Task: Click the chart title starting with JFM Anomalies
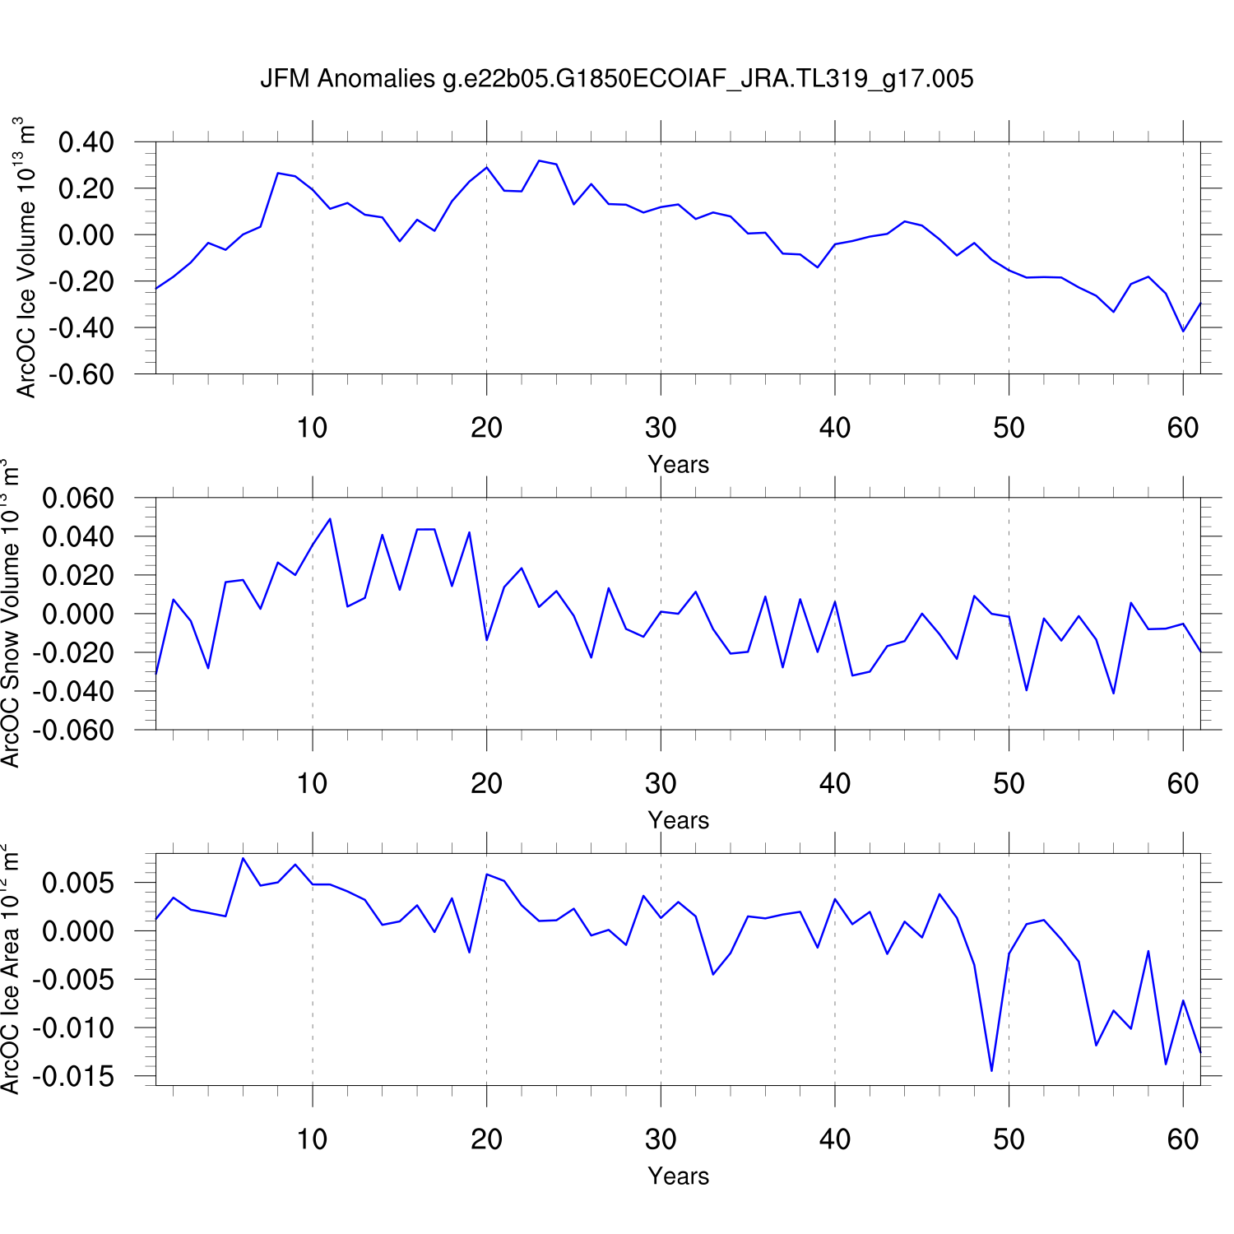click(x=617, y=79)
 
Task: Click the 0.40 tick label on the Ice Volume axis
click(x=86, y=142)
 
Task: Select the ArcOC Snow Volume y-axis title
click(x=11, y=617)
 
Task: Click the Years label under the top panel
click(x=678, y=465)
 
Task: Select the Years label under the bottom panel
click(x=678, y=1176)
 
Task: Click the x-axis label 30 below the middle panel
click(x=661, y=784)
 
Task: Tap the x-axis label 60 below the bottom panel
click(x=1183, y=1139)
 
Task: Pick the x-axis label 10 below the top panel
click(x=313, y=428)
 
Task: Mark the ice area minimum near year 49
click(x=991, y=1071)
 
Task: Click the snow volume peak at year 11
click(x=330, y=518)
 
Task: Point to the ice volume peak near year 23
click(x=539, y=160)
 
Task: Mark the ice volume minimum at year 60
click(x=1183, y=332)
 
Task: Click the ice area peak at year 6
click(x=243, y=858)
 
